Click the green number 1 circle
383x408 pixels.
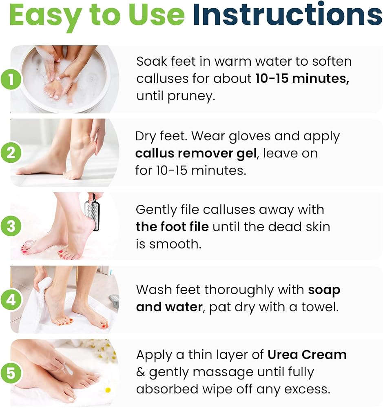pos(11,79)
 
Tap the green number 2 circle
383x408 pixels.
pos(11,153)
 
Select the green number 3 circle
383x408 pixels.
pos(11,226)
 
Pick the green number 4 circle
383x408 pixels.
pos(11,300)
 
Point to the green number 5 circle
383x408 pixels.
pos(11,373)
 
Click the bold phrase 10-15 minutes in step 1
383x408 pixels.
pos(302,79)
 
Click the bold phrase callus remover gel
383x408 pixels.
pos(196,153)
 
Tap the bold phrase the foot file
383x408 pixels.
pos(172,226)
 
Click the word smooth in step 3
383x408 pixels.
pos(175,244)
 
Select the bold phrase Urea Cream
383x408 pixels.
pos(307,355)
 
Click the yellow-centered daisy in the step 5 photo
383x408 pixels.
pos(108,390)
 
